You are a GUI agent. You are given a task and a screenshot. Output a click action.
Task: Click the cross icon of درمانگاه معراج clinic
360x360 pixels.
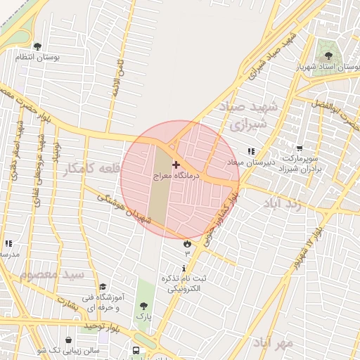(x=176, y=164)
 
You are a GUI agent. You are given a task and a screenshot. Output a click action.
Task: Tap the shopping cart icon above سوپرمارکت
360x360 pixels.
(x=300, y=148)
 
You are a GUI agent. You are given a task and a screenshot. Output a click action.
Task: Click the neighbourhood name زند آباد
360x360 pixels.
(x=283, y=205)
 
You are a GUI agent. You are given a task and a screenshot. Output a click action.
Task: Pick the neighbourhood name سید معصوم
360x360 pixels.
(x=52, y=274)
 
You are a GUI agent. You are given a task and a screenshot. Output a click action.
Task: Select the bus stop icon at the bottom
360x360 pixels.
(x=136, y=350)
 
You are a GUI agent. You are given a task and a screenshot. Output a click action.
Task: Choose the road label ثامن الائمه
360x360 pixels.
(x=115, y=79)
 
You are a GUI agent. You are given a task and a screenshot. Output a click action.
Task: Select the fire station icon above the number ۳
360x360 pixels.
(x=187, y=243)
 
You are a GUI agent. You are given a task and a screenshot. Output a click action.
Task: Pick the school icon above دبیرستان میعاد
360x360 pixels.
(x=252, y=151)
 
